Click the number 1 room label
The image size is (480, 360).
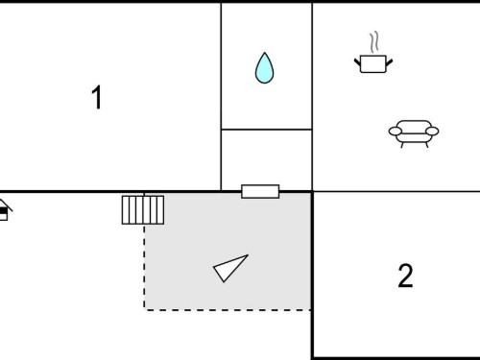click(96, 97)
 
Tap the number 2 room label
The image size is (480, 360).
click(405, 276)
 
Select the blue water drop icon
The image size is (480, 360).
click(264, 68)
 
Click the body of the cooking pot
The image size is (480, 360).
click(373, 64)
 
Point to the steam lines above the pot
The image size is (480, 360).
click(374, 42)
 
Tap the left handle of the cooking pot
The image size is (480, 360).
click(357, 62)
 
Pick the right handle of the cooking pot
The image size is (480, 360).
click(390, 62)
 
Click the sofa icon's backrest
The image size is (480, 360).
click(414, 126)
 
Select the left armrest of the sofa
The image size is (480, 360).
click(396, 132)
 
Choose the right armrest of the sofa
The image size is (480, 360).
click(432, 132)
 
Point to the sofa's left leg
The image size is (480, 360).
click(402, 145)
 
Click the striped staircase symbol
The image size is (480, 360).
click(143, 210)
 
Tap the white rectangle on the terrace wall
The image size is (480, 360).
click(260, 191)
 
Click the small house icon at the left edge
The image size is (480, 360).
click(5, 210)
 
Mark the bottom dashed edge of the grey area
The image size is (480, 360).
click(228, 310)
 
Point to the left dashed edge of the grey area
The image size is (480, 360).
click(144, 267)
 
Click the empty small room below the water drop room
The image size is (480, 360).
click(267, 159)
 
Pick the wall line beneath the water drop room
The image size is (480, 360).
click(267, 130)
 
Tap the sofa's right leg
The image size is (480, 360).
click(426, 145)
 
